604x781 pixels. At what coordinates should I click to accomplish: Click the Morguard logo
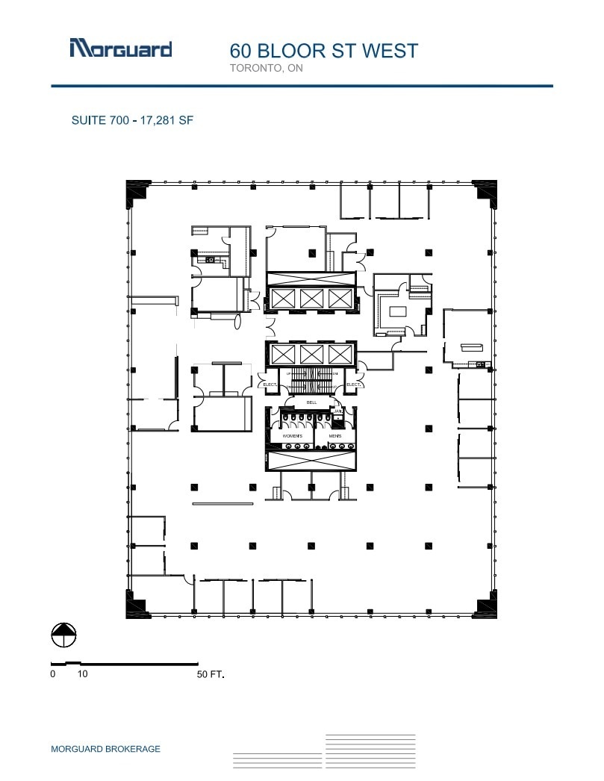(121, 49)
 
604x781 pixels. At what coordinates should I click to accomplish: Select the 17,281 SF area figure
(166, 119)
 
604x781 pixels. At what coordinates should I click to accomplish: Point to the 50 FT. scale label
(210, 674)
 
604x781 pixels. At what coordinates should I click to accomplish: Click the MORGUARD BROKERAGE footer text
(105, 749)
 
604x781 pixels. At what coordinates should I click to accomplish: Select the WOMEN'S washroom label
(292, 435)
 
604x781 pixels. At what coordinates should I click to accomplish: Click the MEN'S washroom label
(335, 435)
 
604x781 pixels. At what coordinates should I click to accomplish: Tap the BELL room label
(312, 402)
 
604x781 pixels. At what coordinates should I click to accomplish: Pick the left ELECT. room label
(270, 385)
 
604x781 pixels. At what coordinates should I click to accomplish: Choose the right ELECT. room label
(353, 385)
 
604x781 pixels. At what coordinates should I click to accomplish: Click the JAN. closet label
(337, 411)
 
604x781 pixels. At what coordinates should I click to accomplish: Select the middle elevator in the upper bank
(311, 299)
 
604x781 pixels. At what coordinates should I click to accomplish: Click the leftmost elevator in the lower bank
(283, 353)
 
